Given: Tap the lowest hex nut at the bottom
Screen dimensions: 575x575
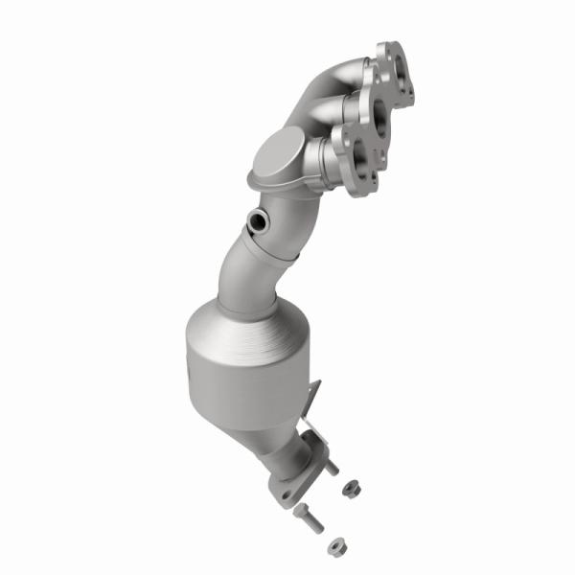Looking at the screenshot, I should (335, 546).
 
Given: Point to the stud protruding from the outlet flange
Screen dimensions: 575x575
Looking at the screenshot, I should (331, 467).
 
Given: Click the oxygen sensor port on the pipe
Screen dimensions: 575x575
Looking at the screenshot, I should (259, 223).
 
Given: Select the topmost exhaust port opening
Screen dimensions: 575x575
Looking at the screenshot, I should (396, 70).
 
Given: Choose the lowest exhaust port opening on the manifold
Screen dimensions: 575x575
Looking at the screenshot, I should (360, 159).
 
